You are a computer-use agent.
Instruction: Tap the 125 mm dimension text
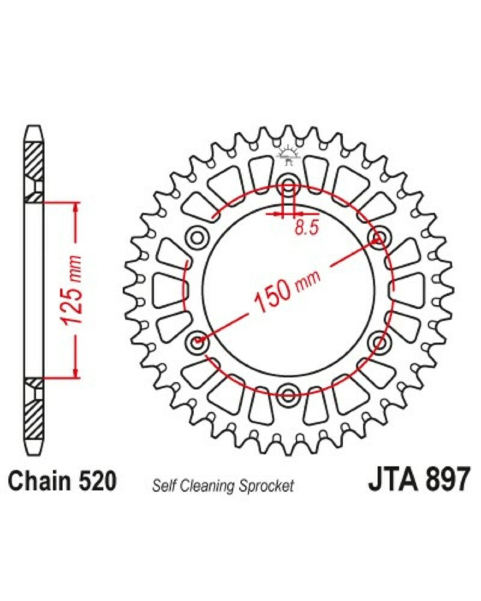[72, 290]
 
